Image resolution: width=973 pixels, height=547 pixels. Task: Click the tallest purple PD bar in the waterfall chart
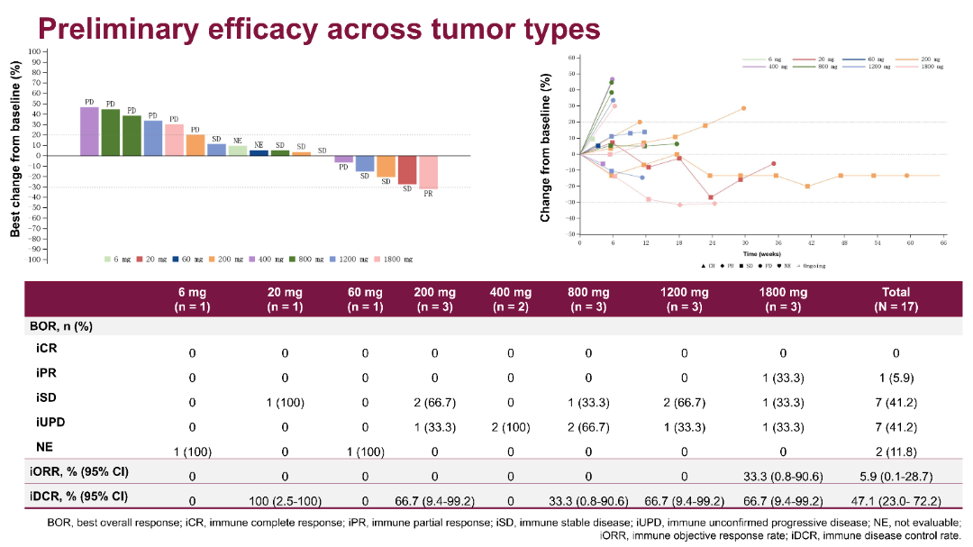point(89,131)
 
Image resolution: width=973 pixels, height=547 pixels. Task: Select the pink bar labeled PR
point(428,171)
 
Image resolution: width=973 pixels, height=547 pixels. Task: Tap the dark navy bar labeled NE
point(259,152)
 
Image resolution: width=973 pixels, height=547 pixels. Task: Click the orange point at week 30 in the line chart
point(743,108)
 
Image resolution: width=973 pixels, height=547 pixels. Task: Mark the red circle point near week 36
point(774,163)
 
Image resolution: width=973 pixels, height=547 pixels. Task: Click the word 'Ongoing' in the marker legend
point(812,267)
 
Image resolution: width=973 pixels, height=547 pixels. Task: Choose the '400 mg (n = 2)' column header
point(510,299)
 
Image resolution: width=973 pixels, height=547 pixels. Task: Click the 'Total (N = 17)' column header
point(896,299)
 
